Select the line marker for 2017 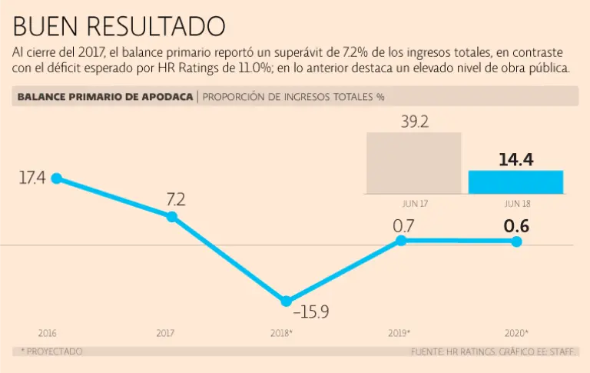(x=171, y=217)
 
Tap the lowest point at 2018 (x=286, y=301)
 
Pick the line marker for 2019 (x=400, y=241)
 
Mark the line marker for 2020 (x=516, y=241)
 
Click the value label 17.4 (x=33, y=178)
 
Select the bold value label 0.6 (x=516, y=226)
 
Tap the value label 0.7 (x=403, y=226)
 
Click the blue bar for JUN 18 (x=515, y=182)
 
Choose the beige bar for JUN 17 (x=413, y=163)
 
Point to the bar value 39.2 (x=414, y=122)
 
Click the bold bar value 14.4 (x=515, y=160)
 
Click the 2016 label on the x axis (x=48, y=333)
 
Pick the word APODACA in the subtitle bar (x=164, y=97)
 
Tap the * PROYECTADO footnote (x=51, y=351)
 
